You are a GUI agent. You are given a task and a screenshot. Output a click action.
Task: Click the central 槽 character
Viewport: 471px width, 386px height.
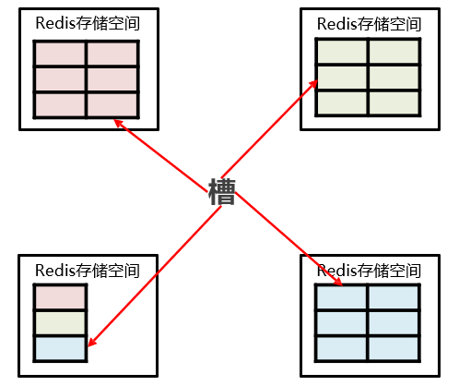(x=222, y=191)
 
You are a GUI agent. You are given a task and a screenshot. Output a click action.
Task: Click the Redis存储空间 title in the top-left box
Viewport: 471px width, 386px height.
(x=87, y=24)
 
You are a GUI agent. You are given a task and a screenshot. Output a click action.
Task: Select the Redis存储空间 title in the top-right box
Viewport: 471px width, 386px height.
(x=369, y=24)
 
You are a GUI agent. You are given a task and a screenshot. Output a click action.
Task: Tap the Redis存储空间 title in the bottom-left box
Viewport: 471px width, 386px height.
(x=87, y=271)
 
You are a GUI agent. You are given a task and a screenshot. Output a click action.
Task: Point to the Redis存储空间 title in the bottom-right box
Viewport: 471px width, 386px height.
(x=369, y=271)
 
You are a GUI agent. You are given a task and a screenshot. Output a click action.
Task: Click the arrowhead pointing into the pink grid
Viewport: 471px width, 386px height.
(x=117, y=122)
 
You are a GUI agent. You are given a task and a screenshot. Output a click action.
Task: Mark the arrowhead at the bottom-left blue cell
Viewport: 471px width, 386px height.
(x=90, y=345)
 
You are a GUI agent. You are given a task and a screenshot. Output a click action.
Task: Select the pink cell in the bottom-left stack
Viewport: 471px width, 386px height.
(x=60, y=297)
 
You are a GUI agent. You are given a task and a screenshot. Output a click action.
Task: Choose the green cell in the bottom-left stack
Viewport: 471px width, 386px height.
(x=60, y=322)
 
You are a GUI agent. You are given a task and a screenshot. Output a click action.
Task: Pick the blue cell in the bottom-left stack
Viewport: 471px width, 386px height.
(x=60, y=347)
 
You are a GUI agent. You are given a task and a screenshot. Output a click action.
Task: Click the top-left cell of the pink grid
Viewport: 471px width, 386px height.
(x=61, y=54)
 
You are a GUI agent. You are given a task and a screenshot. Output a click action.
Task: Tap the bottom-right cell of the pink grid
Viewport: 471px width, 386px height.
(x=112, y=104)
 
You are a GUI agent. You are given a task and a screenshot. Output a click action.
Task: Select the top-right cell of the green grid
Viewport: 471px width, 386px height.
(x=394, y=52)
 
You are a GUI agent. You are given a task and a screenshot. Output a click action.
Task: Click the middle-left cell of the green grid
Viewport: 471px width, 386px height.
(x=343, y=77)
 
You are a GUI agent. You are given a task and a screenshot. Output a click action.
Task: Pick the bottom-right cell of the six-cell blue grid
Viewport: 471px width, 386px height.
(x=394, y=347)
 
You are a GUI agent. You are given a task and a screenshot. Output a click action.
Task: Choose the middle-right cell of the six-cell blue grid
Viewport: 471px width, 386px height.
(x=394, y=322)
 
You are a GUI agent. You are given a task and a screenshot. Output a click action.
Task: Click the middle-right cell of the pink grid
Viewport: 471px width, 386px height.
(x=112, y=79)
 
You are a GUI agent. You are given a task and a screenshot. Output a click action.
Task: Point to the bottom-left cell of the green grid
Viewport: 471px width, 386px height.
(x=343, y=102)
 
